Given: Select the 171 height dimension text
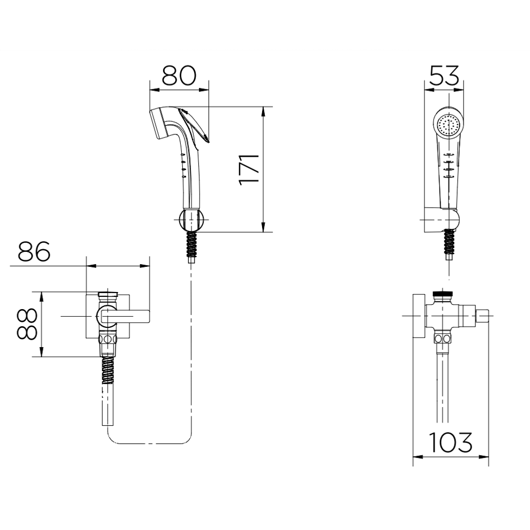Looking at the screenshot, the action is (249, 170).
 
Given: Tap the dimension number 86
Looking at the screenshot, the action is (34, 251).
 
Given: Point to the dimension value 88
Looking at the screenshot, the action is (27, 324).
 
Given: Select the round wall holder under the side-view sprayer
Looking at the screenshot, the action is (191, 220).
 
